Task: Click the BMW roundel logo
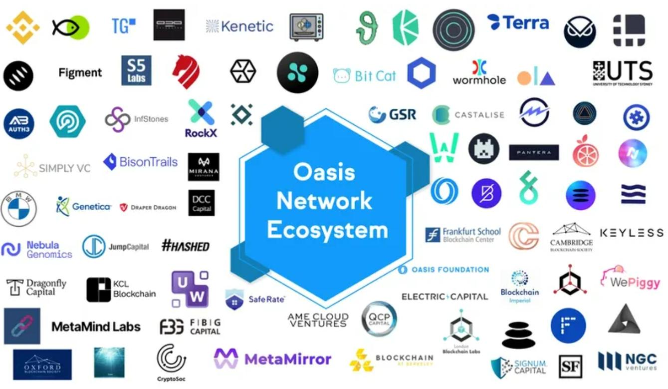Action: pyautogui.click(x=19, y=208)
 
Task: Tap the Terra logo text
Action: pyautogui.click(x=525, y=22)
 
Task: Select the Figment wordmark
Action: pyautogui.click(x=80, y=72)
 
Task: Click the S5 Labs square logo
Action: pyautogui.click(x=136, y=70)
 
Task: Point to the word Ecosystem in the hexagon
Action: pyautogui.click(x=327, y=231)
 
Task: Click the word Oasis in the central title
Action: pyautogui.click(x=324, y=172)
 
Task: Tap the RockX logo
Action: pyautogui.click(x=201, y=119)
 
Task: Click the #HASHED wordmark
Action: pyautogui.click(x=186, y=246)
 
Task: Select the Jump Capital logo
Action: pyautogui.click(x=116, y=247)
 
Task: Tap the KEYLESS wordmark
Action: pyautogui.click(x=631, y=233)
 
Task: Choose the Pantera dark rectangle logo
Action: pyautogui.click(x=534, y=152)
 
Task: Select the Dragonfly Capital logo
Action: pyautogui.click(x=37, y=287)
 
